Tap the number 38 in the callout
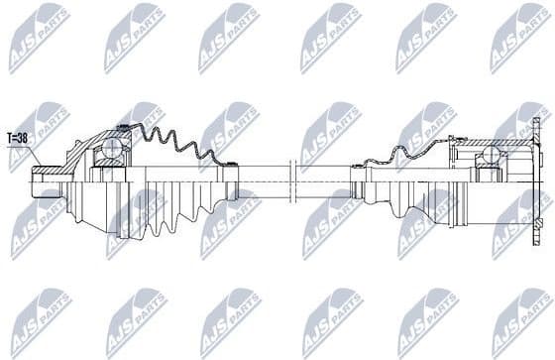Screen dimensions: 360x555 pyautogui.click(x=24, y=138)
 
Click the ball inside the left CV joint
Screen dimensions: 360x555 pyautogui.click(x=112, y=150)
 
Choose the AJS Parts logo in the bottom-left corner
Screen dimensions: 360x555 pyautogui.click(x=40, y=322)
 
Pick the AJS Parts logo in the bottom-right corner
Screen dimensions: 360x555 pyautogui.click(x=519, y=322)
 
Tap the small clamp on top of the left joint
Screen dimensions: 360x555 pyautogui.click(x=123, y=126)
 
